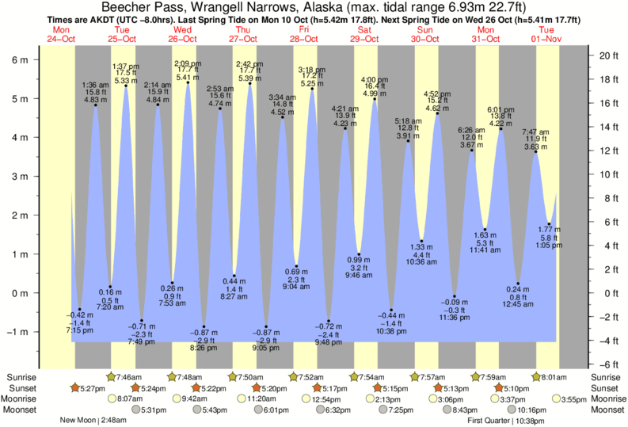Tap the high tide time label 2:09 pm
(x=188, y=63)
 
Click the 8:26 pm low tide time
(x=204, y=347)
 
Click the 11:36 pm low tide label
(x=455, y=318)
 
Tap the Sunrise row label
(x=19, y=377)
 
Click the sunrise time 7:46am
(x=129, y=377)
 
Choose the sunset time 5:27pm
(x=92, y=388)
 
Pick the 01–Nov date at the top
(x=545, y=38)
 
